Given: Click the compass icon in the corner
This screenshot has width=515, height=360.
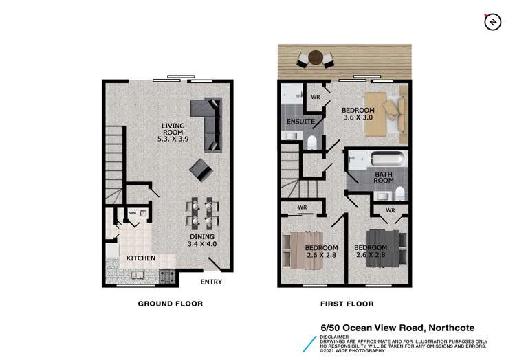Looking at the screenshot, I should [x=492, y=23].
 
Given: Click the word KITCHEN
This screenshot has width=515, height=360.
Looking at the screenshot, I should [x=140, y=258].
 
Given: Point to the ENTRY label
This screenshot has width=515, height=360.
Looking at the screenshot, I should [x=211, y=282].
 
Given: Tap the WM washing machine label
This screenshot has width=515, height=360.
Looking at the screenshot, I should [x=133, y=213].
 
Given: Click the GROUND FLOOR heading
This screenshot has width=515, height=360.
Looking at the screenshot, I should [x=171, y=303].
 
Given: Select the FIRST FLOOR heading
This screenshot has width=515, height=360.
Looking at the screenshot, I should [x=347, y=303].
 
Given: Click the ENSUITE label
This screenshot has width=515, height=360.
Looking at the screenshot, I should [x=300, y=122].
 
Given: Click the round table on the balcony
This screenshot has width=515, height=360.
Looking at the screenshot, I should [x=316, y=58].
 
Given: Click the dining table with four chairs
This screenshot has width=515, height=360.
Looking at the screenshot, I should [x=202, y=213].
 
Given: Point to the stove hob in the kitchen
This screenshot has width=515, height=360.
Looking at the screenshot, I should [x=166, y=277].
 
